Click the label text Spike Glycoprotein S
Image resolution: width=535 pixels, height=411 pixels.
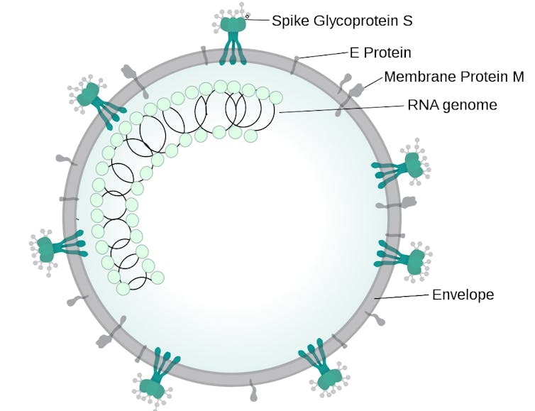point(342,21)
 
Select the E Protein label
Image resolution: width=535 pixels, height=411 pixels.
point(380,53)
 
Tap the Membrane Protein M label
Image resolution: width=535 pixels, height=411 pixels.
point(459,77)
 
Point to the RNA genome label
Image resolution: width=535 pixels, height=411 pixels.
point(452,105)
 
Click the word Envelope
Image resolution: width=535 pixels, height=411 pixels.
point(463,295)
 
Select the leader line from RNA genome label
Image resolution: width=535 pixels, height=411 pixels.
point(341,109)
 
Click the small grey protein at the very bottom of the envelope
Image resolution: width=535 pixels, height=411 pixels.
point(253,390)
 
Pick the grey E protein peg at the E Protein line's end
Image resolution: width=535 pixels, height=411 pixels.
point(295,64)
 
